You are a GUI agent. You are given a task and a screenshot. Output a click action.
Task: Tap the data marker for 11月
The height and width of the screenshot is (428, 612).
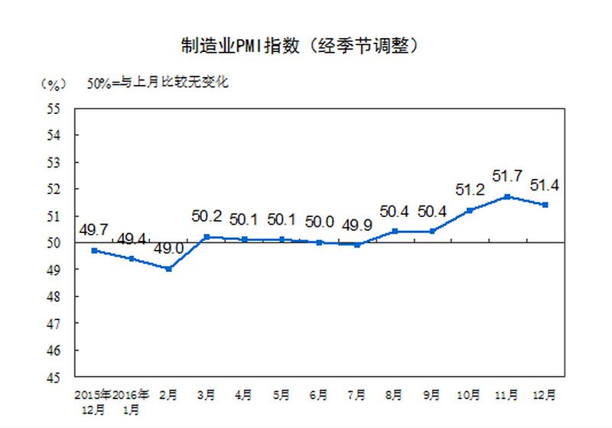pyautogui.click(x=506, y=196)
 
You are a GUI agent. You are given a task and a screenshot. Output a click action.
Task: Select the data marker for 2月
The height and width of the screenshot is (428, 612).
pyautogui.click(x=168, y=269)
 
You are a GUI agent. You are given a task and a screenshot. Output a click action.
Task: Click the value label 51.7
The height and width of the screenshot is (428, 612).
pyautogui.click(x=506, y=177)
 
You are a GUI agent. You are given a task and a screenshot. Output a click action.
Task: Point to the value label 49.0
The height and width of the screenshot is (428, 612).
pyautogui.click(x=169, y=249)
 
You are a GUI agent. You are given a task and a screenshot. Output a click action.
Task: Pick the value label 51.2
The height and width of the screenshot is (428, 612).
pyautogui.click(x=469, y=190)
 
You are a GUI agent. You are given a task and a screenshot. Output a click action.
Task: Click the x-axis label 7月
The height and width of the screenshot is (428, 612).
pyautogui.click(x=356, y=395)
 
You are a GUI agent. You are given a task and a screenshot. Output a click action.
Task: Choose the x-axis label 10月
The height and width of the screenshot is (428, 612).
pyautogui.click(x=469, y=395)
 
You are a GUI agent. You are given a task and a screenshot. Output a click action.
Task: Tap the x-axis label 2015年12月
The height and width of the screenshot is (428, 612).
pyautogui.click(x=93, y=401)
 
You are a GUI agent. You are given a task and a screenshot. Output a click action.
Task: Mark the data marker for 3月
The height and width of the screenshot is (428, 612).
pyautogui.click(x=207, y=237)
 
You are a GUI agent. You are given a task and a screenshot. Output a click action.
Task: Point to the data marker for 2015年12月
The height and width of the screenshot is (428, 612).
pyautogui.click(x=94, y=251)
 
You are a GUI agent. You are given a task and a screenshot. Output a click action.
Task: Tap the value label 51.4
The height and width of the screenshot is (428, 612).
pyautogui.click(x=544, y=185)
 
